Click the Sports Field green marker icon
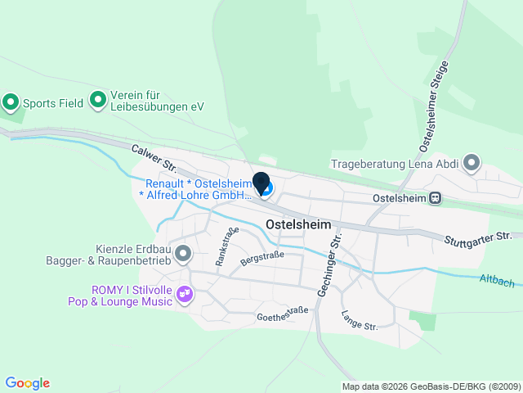click(x=11, y=103)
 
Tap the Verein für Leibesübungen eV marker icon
click(x=98, y=100)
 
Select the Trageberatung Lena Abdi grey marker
click(x=472, y=163)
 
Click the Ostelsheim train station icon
click(x=437, y=197)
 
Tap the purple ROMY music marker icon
click(x=185, y=293)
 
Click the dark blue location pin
click(x=261, y=183)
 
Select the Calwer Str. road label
click(x=154, y=157)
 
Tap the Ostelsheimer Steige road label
click(x=433, y=106)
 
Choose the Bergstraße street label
click(x=262, y=260)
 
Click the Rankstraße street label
click(x=226, y=246)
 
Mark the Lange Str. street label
click(x=360, y=320)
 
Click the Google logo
click(x=27, y=383)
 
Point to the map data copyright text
click(x=431, y=386)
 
